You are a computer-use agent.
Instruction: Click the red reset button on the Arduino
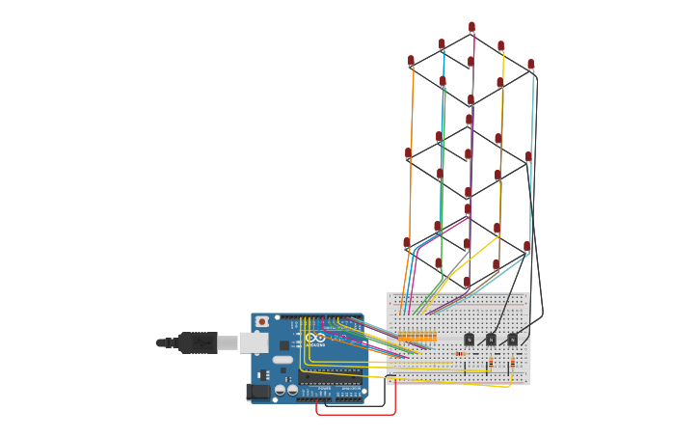click(x=261, y=321)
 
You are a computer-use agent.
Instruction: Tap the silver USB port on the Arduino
click(x=250, y=342)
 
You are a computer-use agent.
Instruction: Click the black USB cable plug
click(x=198, y=342)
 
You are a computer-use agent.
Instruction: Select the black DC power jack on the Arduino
click(x=257, y=391)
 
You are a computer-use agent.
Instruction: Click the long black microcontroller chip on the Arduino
click(x=330, y=379)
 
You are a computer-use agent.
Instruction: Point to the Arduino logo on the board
click(x=315, y=340)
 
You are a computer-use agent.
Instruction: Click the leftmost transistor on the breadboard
click(x=470, y=339)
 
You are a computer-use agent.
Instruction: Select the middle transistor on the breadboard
click(x=491, y=339)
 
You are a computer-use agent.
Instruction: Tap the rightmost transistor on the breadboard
click(x=512, y=339)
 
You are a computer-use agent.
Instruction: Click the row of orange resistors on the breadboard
click(x=417, y=338)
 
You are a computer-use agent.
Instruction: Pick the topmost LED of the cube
click(x=471, y=27)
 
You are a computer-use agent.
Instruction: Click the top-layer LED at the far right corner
click(x=530, y=65)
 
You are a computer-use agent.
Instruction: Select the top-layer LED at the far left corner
click(x=411, y=61)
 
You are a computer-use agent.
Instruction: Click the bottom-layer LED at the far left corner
click(x=407, y=243)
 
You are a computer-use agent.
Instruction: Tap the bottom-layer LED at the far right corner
click(x=526, y=247)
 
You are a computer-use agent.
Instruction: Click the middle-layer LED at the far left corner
click(x=409, y=152)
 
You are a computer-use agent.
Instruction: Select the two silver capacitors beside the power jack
click(x=286, y=391)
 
